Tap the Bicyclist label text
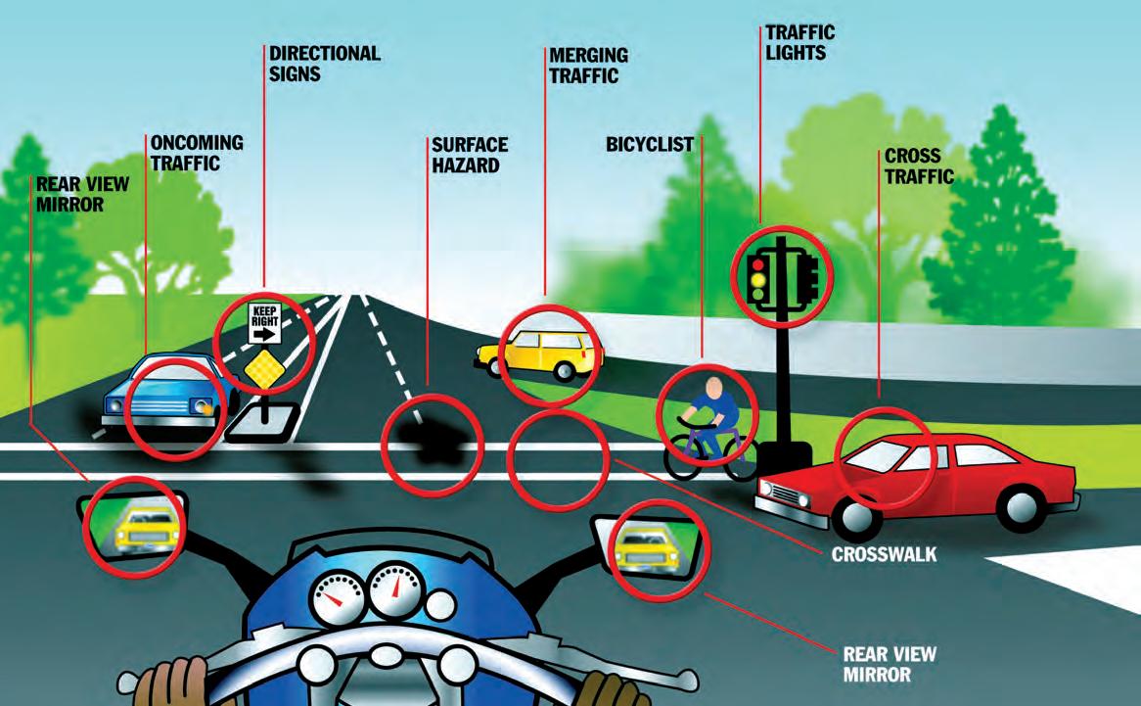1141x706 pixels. [x=649, y=145]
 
